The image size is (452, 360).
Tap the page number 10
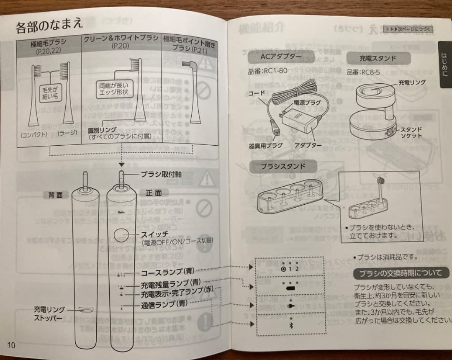[11, 345]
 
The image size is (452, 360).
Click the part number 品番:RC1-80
[267, 71]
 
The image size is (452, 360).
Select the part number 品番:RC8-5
[363, 72]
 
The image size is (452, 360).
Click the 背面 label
[55, 195]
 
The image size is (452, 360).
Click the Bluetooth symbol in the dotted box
[290, 324]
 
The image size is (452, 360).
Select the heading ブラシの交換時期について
[397, 273]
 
